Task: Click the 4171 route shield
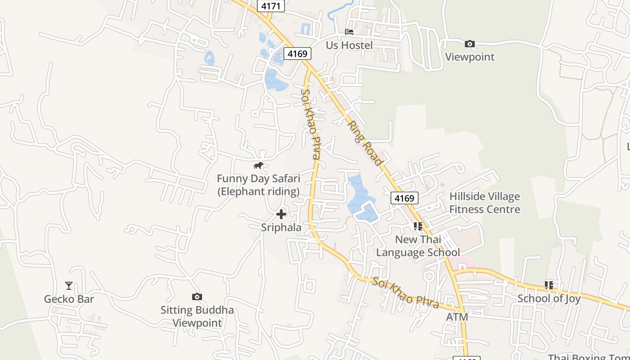271,6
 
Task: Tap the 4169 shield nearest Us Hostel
297,54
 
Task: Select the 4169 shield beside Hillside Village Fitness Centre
405,198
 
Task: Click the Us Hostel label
349,45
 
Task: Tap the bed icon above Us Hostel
349,32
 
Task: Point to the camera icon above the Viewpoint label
469,44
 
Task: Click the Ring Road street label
365,143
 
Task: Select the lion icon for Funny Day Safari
258,166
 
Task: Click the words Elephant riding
259,192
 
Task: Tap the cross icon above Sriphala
281,214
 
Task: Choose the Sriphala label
281,228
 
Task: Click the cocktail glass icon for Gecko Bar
68,286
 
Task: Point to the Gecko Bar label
69,299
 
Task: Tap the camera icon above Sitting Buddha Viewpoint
197,297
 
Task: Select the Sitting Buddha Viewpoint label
197,316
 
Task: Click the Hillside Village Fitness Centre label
484,203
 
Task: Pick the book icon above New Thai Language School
418,226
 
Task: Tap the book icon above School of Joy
549,285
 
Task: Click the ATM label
457,317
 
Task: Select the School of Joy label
549,298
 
